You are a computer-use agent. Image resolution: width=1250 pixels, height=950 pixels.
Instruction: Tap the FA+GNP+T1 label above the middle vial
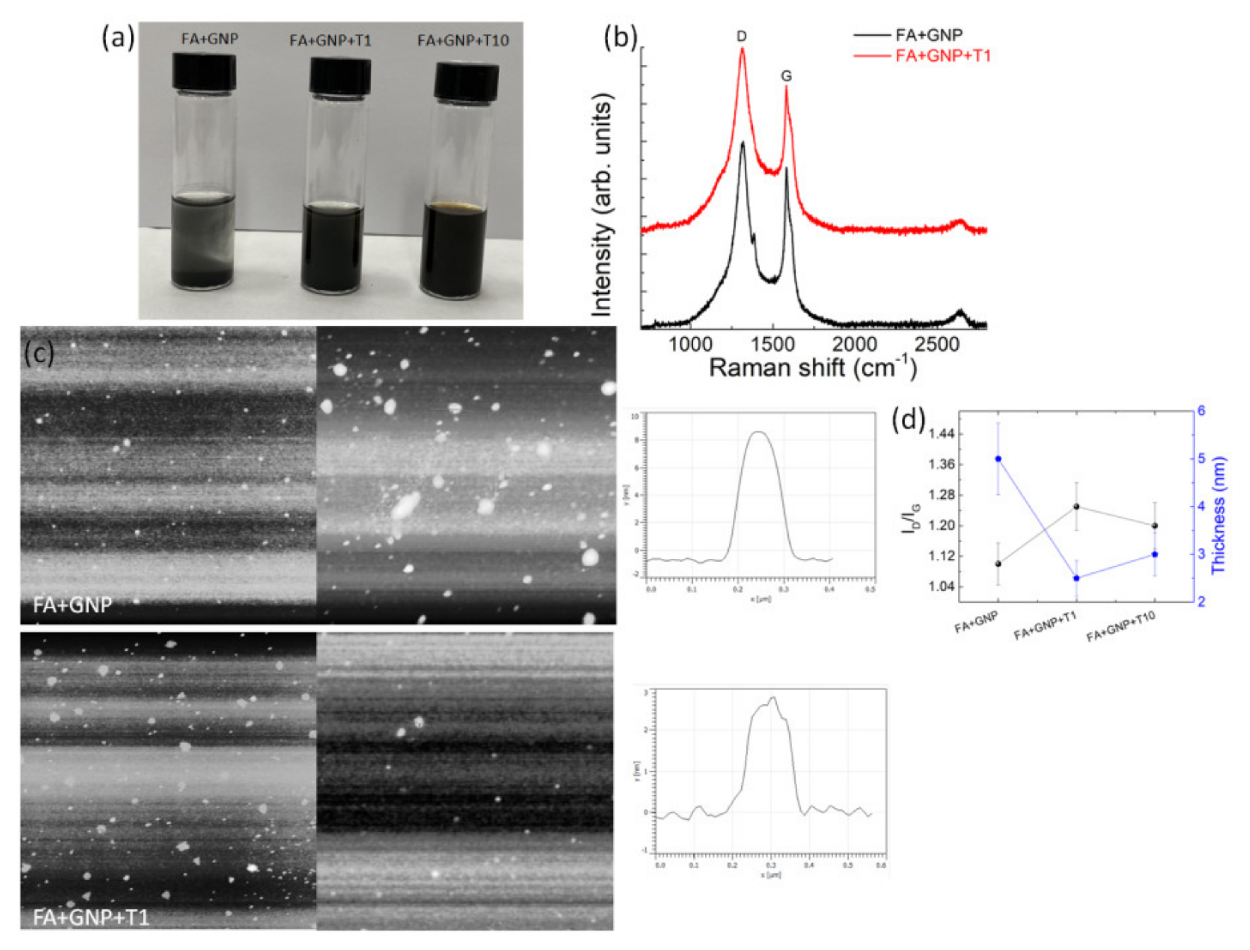(330, 41)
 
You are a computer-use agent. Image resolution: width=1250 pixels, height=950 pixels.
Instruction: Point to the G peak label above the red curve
(786, 76)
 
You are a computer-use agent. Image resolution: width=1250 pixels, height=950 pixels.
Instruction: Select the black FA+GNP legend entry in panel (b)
(929, 35)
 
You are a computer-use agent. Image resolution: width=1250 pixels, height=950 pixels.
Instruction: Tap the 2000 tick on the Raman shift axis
(854, 344)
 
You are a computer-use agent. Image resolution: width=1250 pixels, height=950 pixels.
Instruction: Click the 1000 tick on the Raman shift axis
(690, 344)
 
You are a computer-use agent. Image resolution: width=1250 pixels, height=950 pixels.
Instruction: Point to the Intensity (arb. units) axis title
(601, 207)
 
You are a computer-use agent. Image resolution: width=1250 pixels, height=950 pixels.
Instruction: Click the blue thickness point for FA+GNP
(998, 459)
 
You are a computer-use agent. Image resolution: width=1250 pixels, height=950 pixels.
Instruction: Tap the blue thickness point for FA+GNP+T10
(1154, 555)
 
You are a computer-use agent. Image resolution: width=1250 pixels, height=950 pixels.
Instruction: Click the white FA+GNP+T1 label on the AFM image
(91, 917)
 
